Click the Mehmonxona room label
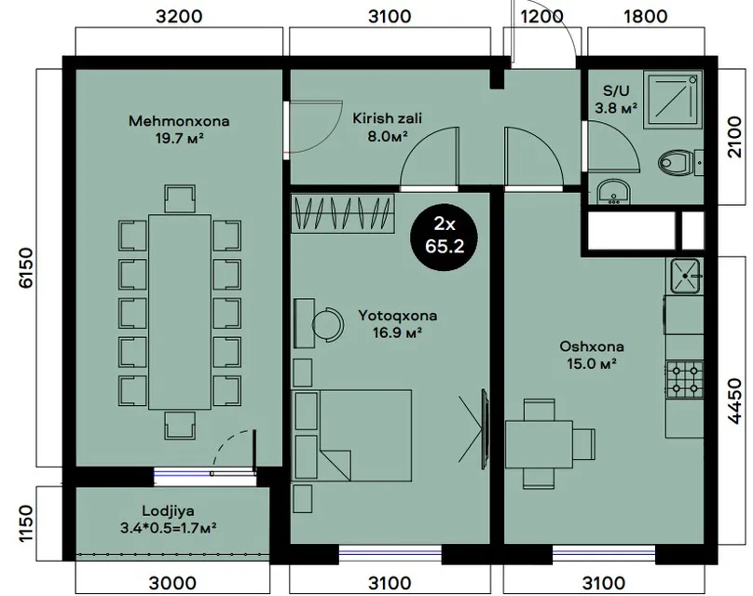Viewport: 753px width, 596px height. click(x=179, y=121)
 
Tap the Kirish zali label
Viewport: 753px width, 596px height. click(x=387, y=118)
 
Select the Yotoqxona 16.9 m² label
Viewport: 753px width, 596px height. click(x=398, y=324)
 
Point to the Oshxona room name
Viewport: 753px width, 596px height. click(x=592, y=346)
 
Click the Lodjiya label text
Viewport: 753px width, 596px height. click(x=168, y=510)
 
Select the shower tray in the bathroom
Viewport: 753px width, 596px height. click(x=672, y=100)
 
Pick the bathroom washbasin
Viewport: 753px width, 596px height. click(x=613, y=193)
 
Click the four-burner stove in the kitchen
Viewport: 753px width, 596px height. click(x=684, y=379)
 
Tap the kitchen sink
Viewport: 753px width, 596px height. click(x=685, y=276)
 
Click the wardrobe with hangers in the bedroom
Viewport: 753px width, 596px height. click(x=343, y=213)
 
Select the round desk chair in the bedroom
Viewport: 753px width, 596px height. click(x=328, y=324)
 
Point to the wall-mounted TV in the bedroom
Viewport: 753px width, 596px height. click(x=485, y=429)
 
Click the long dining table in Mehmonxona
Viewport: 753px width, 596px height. click(x=180, y=312)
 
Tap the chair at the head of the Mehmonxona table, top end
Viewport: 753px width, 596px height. click(x=180, y=198)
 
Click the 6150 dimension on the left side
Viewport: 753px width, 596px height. click(x=26, y=267)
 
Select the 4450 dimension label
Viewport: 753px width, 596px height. click(x=734, y=401)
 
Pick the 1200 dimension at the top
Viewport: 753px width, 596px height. click(x=541, y=17)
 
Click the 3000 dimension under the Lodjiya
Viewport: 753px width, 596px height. click(x=172, y=583)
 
